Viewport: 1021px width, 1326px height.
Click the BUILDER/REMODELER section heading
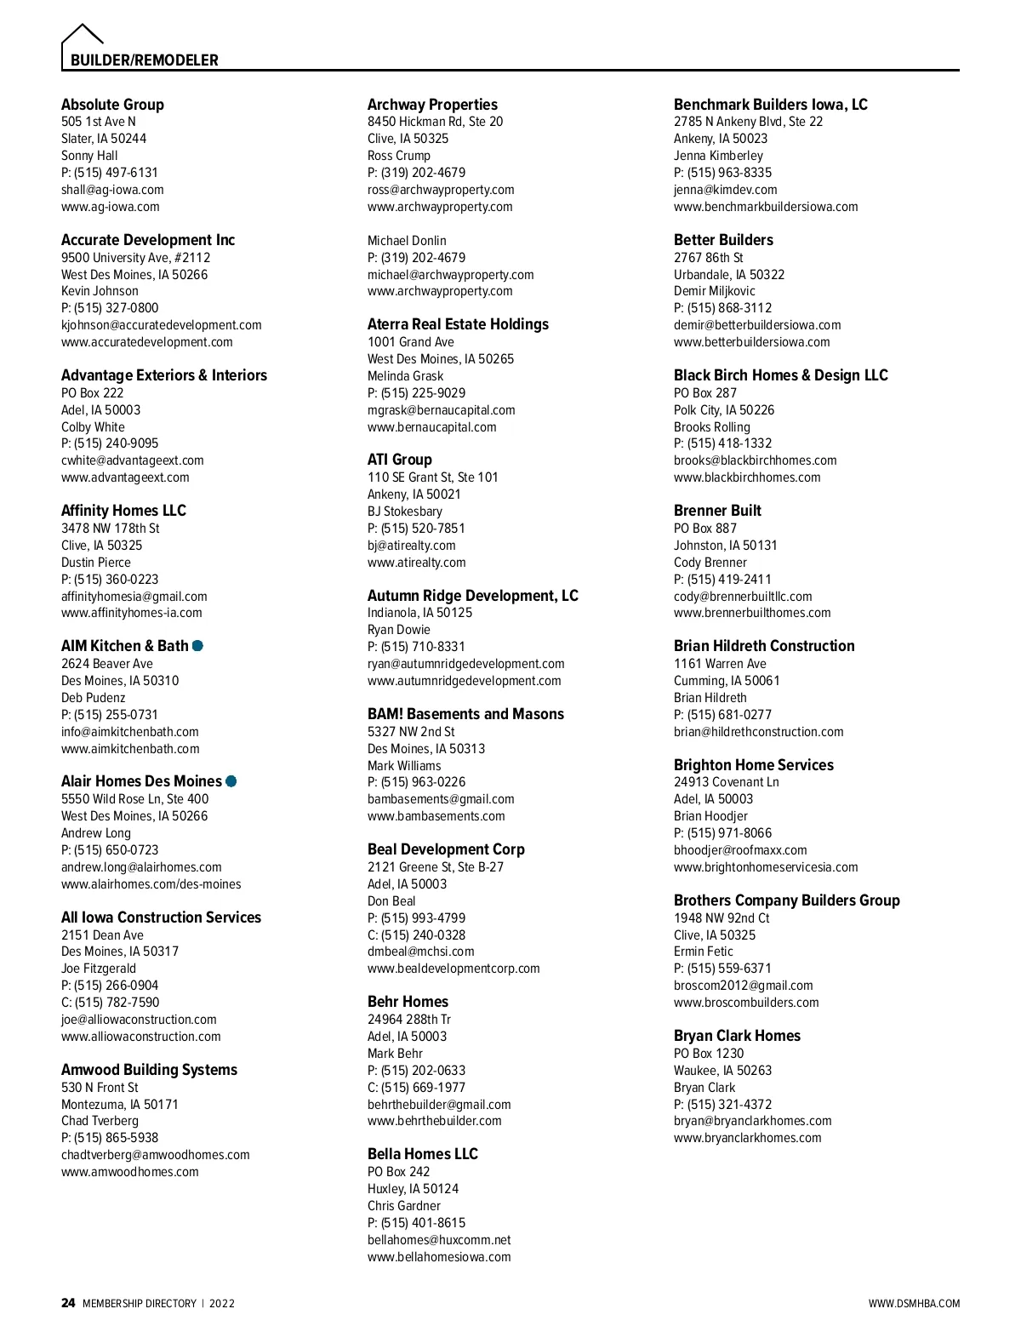click(x=144, y=60)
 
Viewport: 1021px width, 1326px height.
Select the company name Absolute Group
click(x=112, y=105)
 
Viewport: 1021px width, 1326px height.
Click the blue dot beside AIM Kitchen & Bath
click(x=197, y=646)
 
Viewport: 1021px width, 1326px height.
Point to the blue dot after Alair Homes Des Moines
click(x=231, y=781)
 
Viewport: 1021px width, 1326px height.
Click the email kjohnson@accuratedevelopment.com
click(x=161, y=325)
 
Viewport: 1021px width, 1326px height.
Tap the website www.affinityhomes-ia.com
click(x=132, y=613)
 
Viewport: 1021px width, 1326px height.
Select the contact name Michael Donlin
click(x=407, y=241)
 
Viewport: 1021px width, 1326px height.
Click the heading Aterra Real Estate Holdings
click(x=458, y=324)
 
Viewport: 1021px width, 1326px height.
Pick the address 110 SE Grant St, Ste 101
click(x=432, y=477)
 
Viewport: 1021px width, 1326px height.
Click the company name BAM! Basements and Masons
click(x=465, y=714)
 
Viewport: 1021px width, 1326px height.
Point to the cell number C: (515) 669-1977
click(x=416, y=1088)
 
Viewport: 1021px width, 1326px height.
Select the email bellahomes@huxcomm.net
click(x=439, y=1240)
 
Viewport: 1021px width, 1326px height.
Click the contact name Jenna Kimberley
click(x=718, y=156)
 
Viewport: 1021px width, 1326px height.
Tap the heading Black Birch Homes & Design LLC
click(x=780, y=375)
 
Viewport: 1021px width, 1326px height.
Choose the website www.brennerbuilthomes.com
click(x=752, y=613)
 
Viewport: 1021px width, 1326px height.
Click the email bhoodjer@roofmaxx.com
click(x=740, y=850)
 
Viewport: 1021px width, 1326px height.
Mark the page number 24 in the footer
click(x=68, y=1303)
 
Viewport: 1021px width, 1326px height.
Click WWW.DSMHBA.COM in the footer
click(x=914, y=1304)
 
